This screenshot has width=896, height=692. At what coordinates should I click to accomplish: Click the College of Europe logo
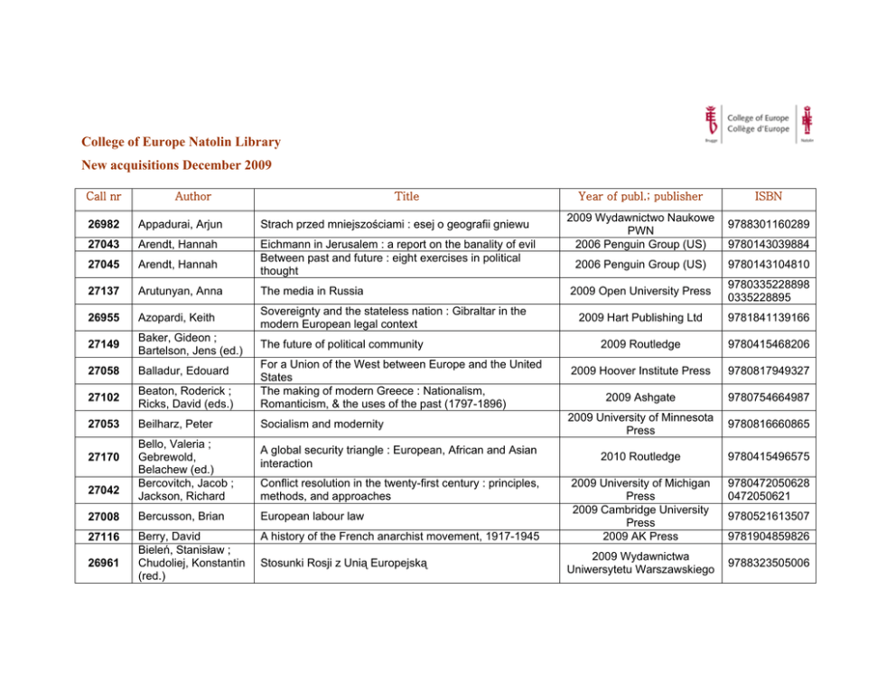tap(758, 123)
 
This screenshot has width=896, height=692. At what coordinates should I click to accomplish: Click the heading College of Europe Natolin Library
tap(181, 142)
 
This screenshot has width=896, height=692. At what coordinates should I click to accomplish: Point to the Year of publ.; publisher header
tap(640, 196)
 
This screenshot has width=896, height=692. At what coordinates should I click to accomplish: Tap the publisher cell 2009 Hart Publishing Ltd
tap(640, 317)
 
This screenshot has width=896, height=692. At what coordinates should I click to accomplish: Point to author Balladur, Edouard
tap(179, 370)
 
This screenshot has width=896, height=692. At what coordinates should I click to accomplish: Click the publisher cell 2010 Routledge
tap(640, 456)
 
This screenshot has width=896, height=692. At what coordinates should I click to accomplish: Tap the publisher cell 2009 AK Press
tap(640, 537)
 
